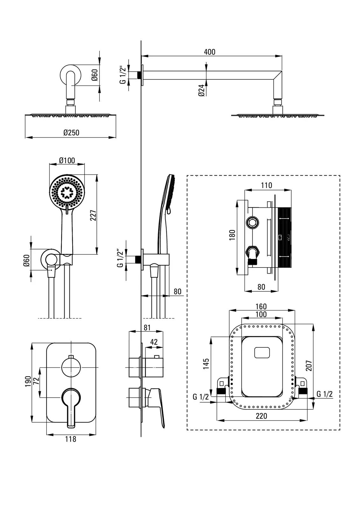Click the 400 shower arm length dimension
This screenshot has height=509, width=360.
pos(209,52)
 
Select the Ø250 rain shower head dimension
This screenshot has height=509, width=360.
pos(71,132)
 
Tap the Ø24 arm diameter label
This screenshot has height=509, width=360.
pos(202,90)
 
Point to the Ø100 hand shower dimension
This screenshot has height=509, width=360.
pos(67,160)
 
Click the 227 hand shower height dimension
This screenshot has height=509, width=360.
pos(93,215)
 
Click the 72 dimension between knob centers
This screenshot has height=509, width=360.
pos(36,380)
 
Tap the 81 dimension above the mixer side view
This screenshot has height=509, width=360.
pos(147,327)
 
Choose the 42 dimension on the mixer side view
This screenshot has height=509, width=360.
pos(154,342)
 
